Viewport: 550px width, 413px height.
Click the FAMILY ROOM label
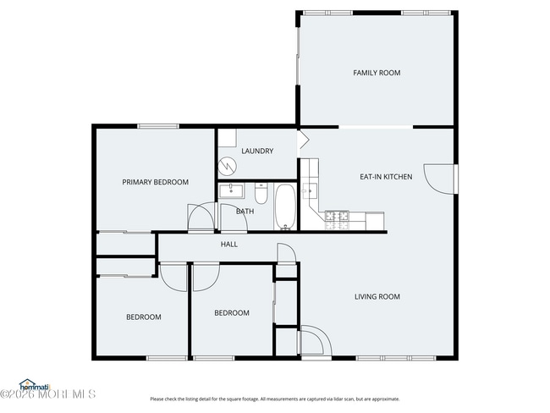(377, 73)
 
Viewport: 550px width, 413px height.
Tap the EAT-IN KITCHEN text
(386, 177)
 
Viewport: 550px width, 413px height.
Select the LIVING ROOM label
(377, 296)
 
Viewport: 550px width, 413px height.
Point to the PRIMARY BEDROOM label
(155, 182)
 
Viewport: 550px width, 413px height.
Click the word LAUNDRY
(256, 151)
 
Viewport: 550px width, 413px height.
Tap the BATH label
(245, 212)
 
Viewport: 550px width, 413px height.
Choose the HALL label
(228, 245)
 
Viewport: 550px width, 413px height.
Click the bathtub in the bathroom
(284, 207)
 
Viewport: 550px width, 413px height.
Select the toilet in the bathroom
(261, 195)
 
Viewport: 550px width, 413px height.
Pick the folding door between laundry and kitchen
(302, 139)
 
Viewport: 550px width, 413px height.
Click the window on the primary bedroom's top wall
(158, 127)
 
